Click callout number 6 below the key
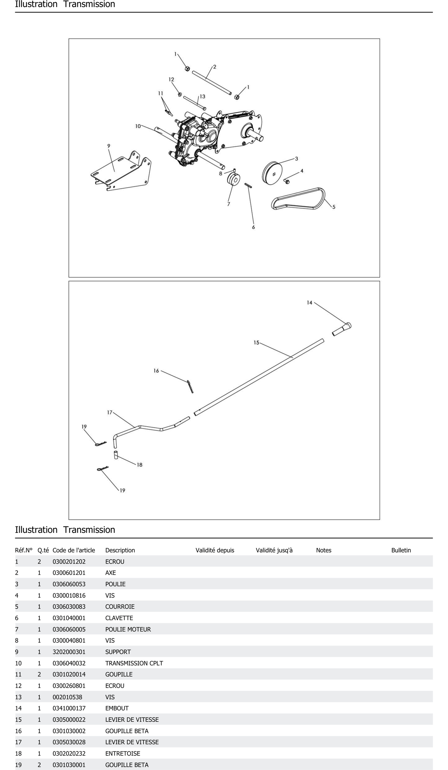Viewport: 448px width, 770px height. [x=253, y=227]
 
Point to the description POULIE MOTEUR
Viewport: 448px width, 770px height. [x=128, y=629]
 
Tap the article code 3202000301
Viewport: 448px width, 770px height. [x=69, y=652]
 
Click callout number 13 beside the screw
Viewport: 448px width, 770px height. [x=202, y=97]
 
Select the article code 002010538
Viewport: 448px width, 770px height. [x=67, y=697]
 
